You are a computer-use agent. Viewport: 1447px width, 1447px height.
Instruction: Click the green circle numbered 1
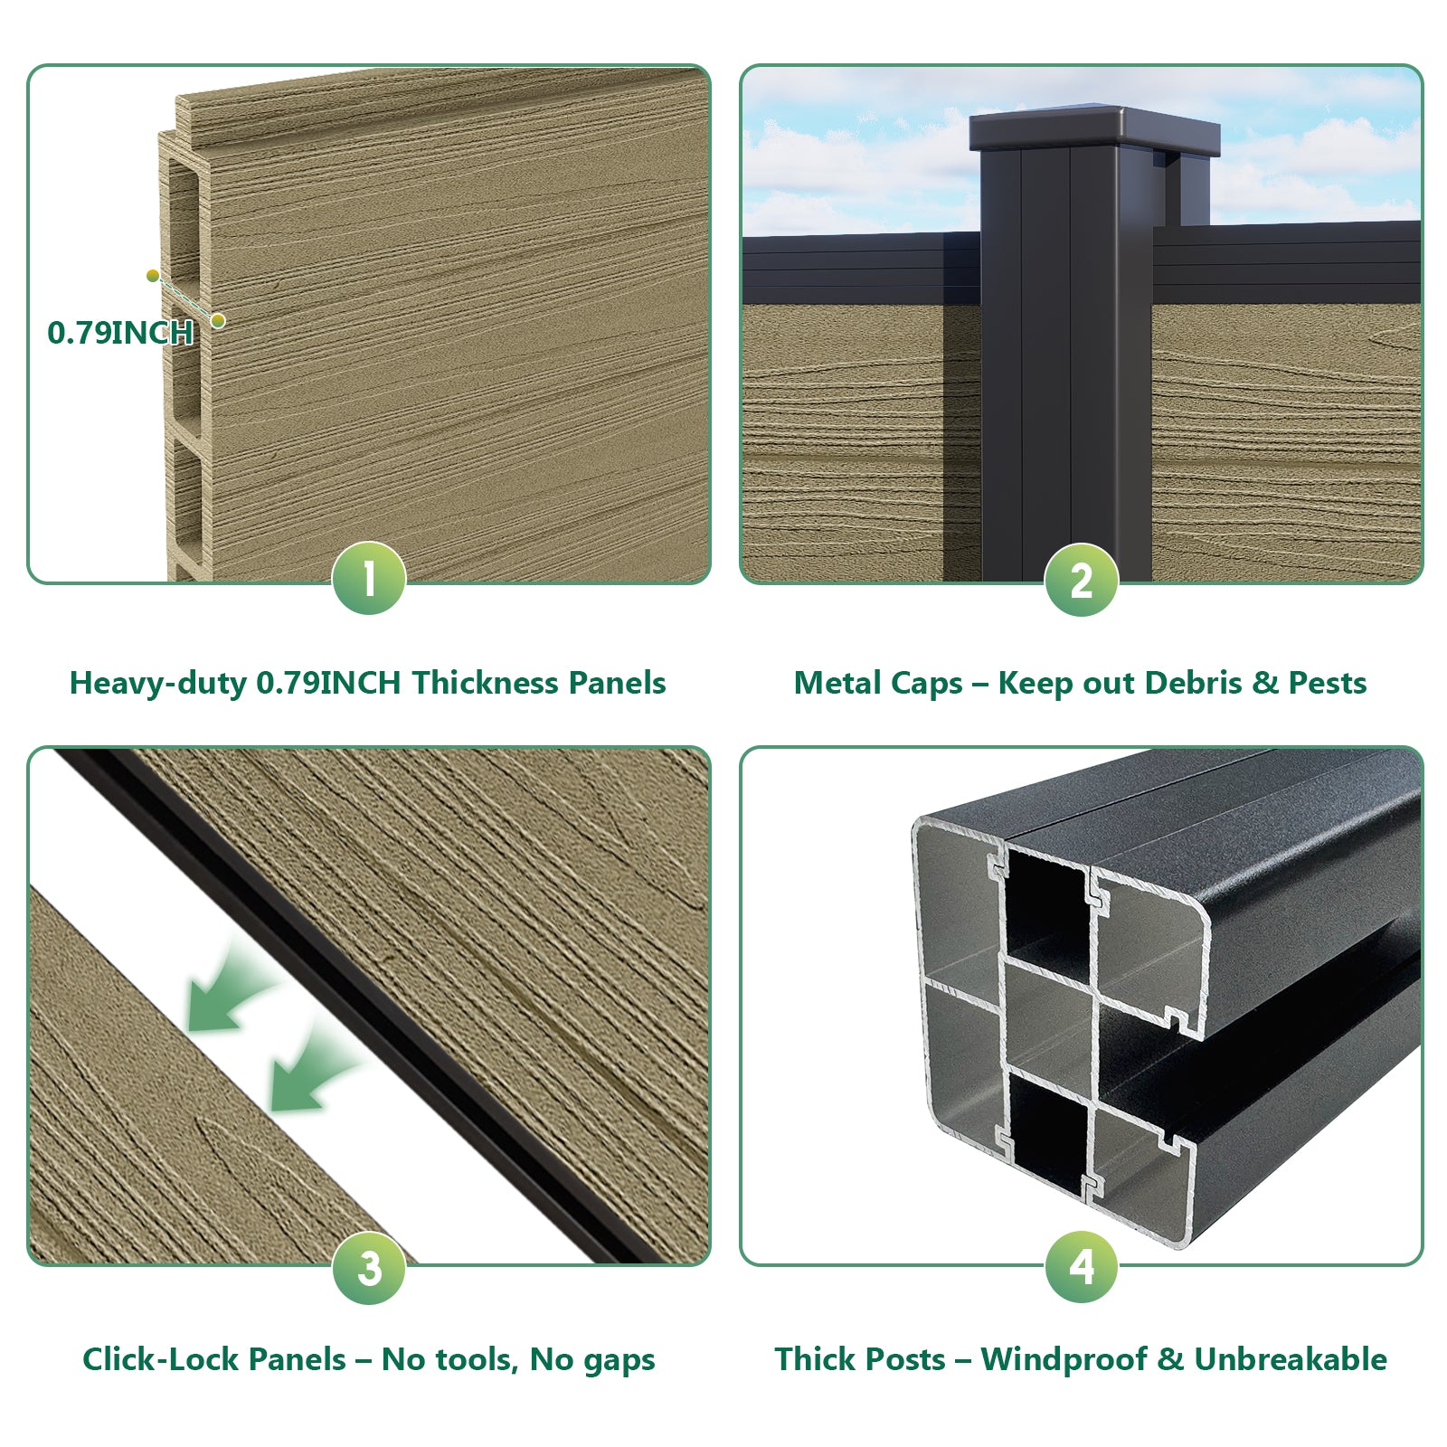point(369,579)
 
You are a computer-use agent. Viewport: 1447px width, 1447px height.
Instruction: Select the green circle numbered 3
point(369,1267)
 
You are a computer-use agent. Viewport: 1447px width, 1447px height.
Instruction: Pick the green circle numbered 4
point(1081,1266)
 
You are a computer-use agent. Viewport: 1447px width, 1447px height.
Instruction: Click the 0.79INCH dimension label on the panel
point(120,333)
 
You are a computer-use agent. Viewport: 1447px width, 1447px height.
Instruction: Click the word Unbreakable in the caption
point(1291,1359)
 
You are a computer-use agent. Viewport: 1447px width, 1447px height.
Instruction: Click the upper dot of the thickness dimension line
point(153,276)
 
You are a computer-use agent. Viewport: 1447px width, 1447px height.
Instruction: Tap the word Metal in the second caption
point(833,683)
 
